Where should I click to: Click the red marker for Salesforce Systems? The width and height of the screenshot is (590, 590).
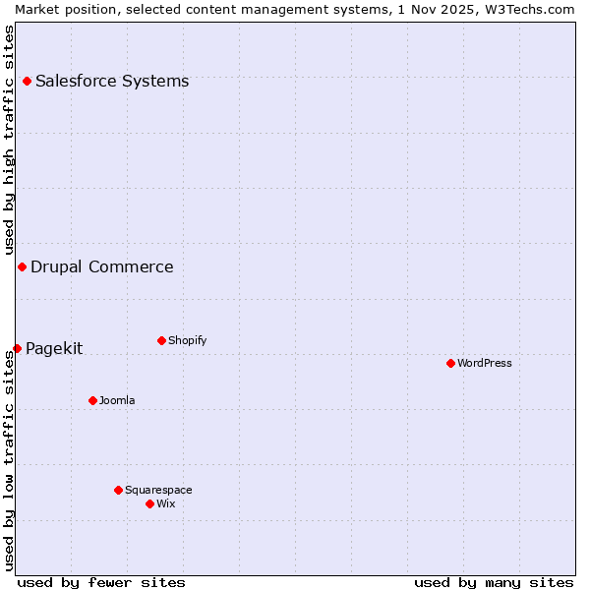point(27,81)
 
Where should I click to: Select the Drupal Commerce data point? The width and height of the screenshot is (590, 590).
point(22,266)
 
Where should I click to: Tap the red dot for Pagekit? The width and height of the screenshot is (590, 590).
point(17,348)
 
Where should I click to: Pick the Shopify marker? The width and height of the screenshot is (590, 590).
point(161,340)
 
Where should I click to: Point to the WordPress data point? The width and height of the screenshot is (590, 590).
point(450,363)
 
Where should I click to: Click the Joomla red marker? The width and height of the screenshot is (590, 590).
point(92,400)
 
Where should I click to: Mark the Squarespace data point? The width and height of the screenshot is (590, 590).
point(118,490)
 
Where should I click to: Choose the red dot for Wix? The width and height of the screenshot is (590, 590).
point(149,503)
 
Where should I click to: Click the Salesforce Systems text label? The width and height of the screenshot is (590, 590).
point(112,81)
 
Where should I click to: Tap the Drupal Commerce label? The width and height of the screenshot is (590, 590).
point(102,266)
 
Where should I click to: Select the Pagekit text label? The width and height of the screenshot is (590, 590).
point(54,348)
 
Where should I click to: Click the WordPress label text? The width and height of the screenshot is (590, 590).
point(485,363)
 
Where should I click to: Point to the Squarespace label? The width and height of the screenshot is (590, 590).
point(158,490)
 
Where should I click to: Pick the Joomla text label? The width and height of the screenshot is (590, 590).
point(117,400)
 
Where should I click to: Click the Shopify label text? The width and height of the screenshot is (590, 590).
point(188,340)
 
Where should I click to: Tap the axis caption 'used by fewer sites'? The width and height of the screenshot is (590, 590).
point(101,582)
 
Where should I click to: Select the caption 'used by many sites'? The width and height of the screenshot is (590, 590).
point(494,582)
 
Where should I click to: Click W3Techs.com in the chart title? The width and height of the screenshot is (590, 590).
point(526,9)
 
